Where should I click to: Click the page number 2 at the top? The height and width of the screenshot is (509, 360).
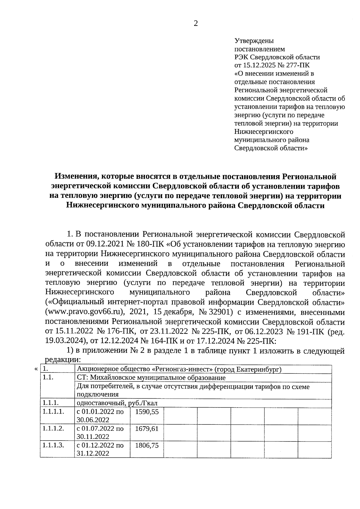[196, 24]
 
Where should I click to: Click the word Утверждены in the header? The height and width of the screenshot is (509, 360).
[254, 40]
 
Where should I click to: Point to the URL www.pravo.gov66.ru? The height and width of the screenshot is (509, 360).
[85, 312]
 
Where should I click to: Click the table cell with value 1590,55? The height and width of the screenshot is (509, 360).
[147, 412]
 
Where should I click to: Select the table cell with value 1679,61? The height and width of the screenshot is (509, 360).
[147, 429]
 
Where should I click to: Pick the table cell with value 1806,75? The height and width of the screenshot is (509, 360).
[147, 445]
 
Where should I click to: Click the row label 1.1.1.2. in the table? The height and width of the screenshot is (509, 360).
[53, 428]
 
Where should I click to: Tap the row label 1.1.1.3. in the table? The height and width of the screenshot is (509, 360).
[53, 445]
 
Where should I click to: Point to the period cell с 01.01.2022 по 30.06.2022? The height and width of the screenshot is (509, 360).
[100, 416]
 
